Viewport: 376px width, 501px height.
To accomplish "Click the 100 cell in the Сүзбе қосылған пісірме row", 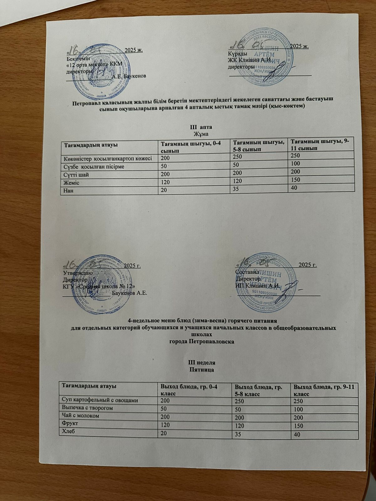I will pyautogui.click(x=296, y=163).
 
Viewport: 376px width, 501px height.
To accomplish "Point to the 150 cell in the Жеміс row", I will pyautogui.click(x=296, y=180).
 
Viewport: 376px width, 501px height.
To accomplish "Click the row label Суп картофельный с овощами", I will pyautogui.click(x=100, y=400).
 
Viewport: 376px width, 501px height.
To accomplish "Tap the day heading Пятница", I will pyautogui.click(x=202, y=370).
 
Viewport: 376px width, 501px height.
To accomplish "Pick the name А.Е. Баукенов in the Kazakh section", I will pyautogui.click(x=128, y=76).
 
